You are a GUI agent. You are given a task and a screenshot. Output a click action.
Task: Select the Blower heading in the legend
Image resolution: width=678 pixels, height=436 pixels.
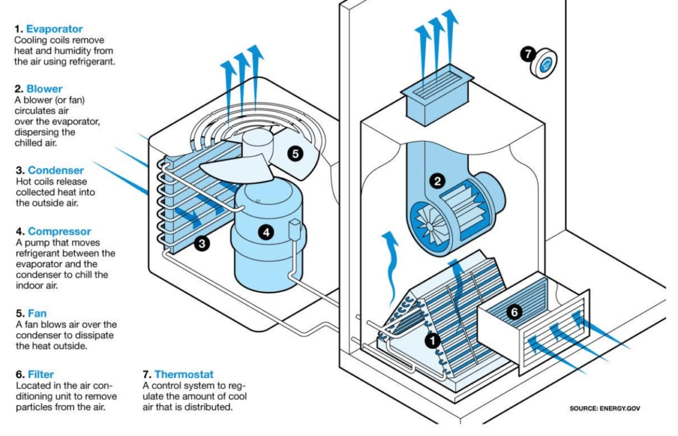44,88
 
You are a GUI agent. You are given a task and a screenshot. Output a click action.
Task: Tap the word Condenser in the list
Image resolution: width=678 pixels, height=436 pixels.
55,170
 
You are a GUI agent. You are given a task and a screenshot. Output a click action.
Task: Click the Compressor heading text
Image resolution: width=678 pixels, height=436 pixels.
59,232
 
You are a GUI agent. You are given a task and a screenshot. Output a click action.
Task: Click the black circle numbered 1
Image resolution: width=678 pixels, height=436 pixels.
432,341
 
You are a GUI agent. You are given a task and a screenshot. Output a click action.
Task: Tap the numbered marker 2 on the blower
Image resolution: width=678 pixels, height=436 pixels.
437,180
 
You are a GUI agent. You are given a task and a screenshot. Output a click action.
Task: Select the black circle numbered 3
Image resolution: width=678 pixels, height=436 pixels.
203,243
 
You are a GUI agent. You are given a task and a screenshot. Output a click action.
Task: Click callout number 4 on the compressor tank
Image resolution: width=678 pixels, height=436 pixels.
266,232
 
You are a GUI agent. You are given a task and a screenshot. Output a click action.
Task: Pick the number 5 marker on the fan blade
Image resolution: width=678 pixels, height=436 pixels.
295,153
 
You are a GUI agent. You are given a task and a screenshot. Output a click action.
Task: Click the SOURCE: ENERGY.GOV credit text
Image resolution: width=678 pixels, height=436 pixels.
605,408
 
